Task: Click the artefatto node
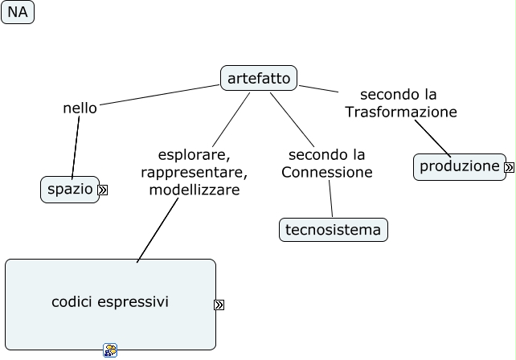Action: pos(259,78)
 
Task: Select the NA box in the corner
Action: pos(18,12)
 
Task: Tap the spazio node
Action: pos(70,190)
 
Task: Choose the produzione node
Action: pos(460,166)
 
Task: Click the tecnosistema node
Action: pos(334,230)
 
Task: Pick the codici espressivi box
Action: pos(110,304)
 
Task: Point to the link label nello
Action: pos(80,108)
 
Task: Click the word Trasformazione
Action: pos(401,112)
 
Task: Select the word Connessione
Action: pos(327,173)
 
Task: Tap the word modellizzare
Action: pos(195,190)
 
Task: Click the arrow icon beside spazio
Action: pos(103,190)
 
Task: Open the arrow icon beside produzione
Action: pos(510,168)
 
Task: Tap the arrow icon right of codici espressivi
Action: pos(219,305)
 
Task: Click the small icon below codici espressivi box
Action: pos(110,350)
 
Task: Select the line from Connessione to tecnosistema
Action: pos(330,198)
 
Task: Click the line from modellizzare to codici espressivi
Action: pos(158,230)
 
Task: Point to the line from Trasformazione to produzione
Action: pos(432,137)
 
